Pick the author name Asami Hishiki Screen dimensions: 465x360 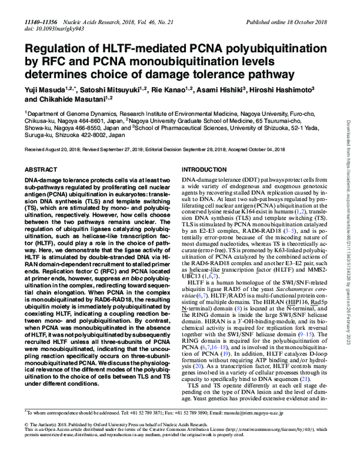(x=217, y=89)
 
